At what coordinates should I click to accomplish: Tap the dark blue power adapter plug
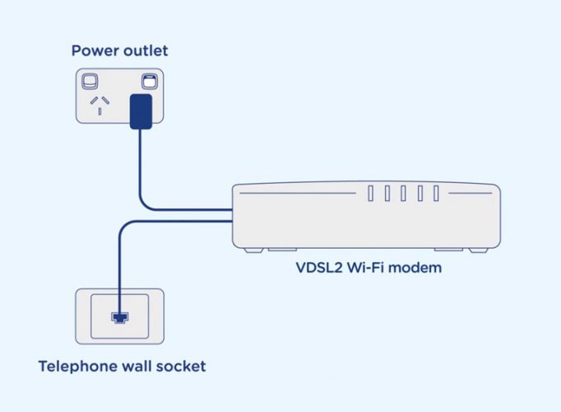141,111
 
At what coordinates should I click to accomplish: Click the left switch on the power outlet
90,82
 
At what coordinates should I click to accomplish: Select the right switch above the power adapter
150,82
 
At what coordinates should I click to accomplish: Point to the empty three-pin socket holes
100,105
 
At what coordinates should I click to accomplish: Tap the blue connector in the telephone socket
120,317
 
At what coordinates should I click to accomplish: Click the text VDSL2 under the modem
319,268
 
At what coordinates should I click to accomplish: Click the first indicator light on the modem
371,194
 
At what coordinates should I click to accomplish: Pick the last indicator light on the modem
436,194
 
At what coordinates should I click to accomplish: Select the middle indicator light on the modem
403,194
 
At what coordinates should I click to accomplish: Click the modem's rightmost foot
479,250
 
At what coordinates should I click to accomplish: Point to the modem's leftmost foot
253,250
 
